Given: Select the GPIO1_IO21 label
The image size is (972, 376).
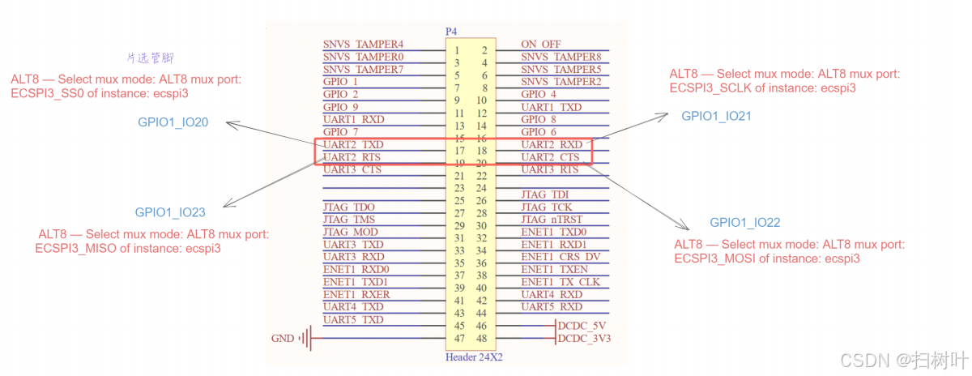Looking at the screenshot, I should pos(716,116).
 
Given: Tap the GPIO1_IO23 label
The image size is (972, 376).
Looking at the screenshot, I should pos(170,213).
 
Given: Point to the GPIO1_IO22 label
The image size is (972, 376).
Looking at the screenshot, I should pos(745,223).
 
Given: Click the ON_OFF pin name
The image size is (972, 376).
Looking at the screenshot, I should pos(541,45).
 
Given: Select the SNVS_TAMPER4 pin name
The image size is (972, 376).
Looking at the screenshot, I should pos(363,45).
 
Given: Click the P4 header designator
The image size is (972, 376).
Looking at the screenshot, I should pos(451,32).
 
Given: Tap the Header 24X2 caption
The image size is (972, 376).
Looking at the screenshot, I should pos(474,357).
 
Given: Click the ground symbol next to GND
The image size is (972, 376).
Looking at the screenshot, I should pos(306,338).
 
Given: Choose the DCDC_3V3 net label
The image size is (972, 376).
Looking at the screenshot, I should pos(585,339).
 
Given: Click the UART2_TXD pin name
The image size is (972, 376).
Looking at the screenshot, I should pos(353,144).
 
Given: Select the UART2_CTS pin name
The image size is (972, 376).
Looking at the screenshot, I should pos(551,157).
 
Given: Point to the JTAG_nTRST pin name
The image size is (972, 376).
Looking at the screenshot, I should pos(552,220).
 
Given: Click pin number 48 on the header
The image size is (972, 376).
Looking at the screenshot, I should pos(483,338).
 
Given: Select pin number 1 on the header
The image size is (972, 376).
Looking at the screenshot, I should pos(458,50).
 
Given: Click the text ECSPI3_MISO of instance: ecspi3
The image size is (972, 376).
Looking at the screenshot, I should pos(128,249).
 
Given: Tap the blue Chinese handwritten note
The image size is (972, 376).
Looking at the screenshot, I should pos(151,59).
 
